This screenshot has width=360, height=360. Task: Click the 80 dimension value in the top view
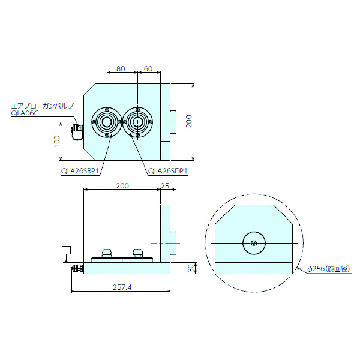(121, 69)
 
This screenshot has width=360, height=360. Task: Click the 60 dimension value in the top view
(148, 69)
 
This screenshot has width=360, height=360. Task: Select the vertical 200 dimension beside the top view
(189, 122)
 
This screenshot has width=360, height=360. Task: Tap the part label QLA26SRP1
(80, 170)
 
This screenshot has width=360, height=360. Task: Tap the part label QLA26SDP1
(169, 170)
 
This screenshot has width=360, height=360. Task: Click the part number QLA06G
(25, 112)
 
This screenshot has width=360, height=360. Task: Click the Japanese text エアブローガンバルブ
(42, 106)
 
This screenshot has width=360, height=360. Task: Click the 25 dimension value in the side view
(166, 186)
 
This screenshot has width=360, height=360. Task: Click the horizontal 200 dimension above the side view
(122, 186)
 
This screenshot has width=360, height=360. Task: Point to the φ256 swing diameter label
(328, 269)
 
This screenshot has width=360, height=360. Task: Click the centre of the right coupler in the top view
(138, 122)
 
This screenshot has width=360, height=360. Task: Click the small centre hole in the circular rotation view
(254, 243)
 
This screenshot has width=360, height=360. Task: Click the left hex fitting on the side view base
(108, 253)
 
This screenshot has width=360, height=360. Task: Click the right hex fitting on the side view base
(137, 253)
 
